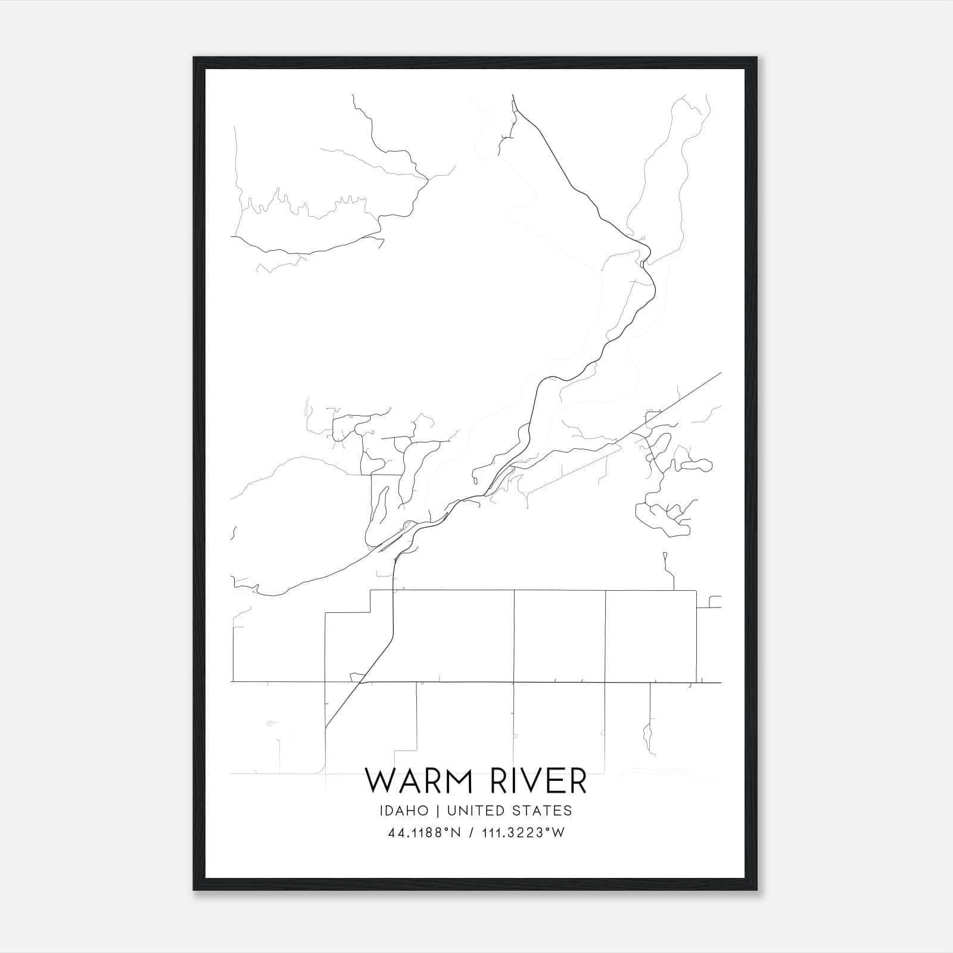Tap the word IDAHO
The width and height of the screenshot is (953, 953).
(403, 811)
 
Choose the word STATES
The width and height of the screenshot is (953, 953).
(543, 811)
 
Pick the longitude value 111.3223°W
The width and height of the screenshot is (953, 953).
(524, 833)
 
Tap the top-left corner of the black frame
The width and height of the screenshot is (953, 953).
(194, 58)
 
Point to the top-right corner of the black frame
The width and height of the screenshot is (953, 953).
(758, 58)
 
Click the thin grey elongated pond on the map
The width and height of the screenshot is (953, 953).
(306, 406)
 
